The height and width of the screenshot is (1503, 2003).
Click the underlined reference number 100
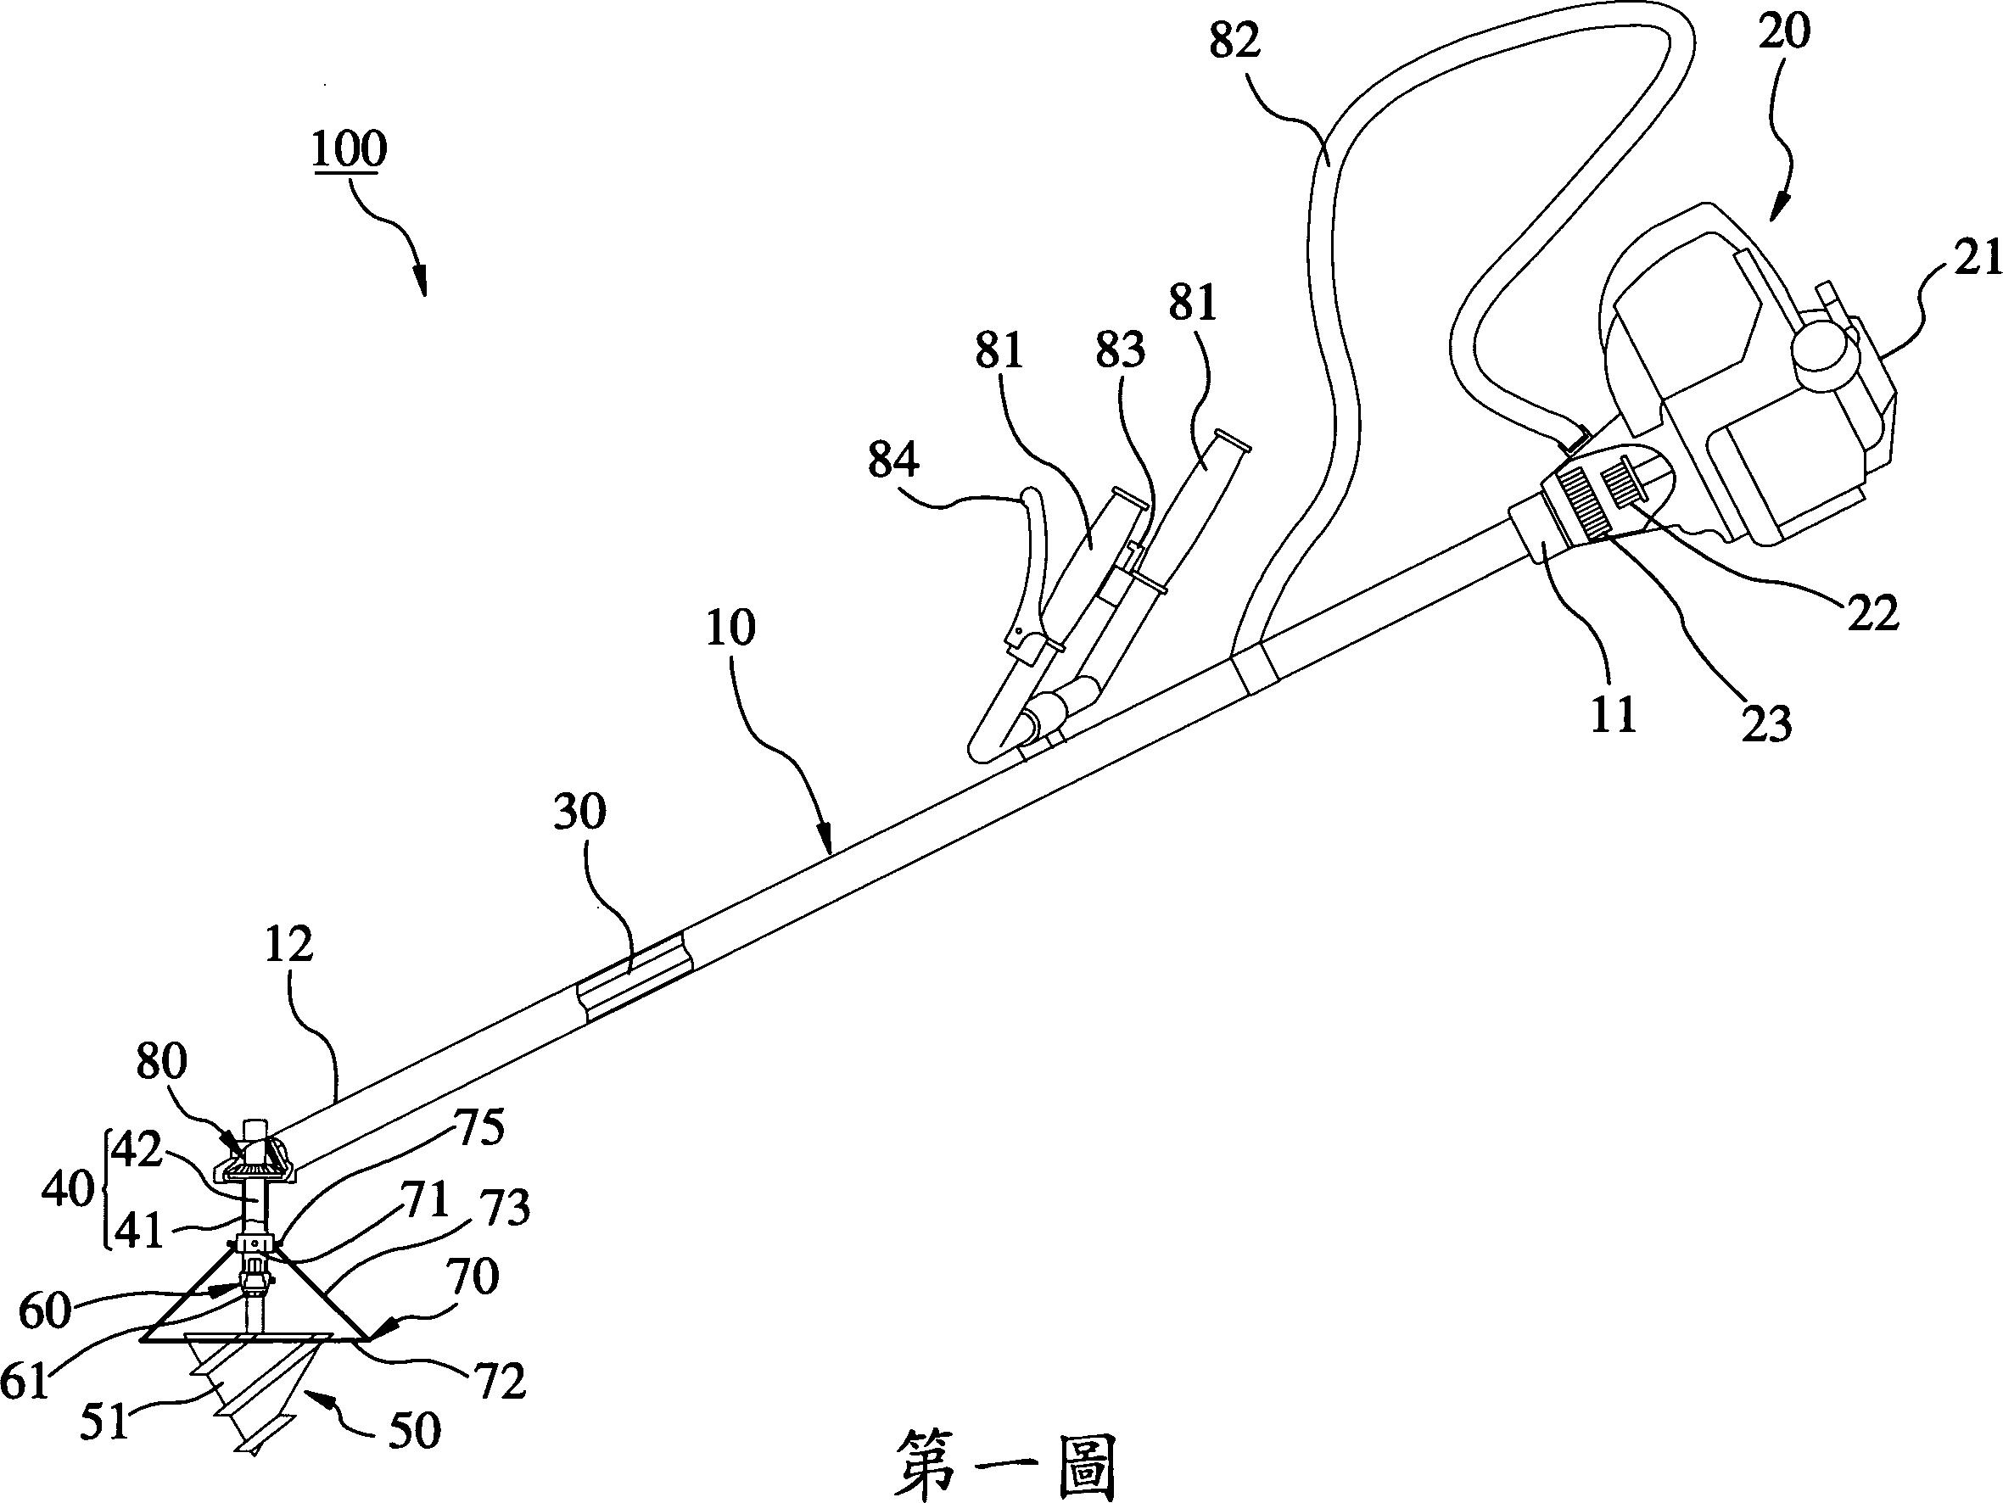coord(349,150)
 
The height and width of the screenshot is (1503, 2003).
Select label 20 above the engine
coord(1784,31)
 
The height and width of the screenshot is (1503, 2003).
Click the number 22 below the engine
coord(1872,615)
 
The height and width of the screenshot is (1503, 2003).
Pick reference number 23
coord(1766,724)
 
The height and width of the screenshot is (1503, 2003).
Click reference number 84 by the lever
coord(892,461)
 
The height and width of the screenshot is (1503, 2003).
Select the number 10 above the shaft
coord(730,628)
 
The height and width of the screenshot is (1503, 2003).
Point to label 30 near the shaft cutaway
coord(579,813)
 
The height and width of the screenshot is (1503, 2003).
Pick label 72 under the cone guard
coord(500,1383)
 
